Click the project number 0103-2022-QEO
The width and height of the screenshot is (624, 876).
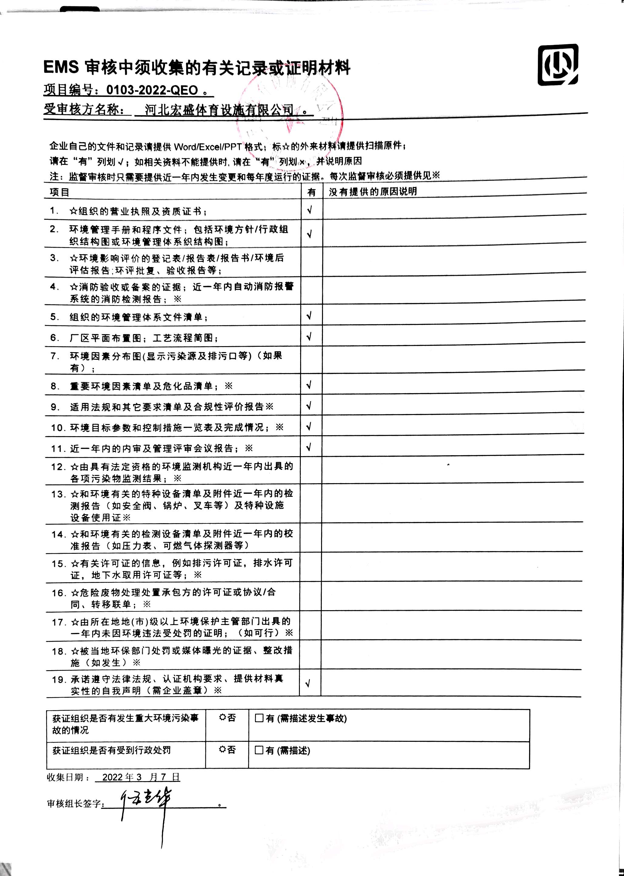click(x=152, y=90)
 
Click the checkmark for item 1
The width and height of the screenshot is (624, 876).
click(x=310, y=210)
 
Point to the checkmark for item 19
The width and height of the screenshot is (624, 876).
click(x=307, y=683)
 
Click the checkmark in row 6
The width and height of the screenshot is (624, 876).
click(x=309, y=337)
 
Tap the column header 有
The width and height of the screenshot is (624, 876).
click(x=312, y=192)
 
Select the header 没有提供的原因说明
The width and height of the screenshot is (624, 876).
click(x=372, y=192)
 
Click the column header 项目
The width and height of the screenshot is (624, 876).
click(x=59, y=192)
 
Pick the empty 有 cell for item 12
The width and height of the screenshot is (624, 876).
click(x=310, y=472)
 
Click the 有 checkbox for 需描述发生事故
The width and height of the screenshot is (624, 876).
click(x=259, y=718)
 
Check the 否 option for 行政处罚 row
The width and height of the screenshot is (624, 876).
click(x=223, y=750)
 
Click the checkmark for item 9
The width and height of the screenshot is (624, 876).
click(x=309, y=406)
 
